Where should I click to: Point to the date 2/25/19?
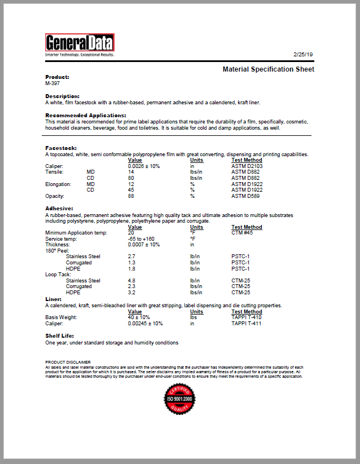pos(303,54)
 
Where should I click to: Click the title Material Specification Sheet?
pos(268,69)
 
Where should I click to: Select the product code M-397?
pos(52,83)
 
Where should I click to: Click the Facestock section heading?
pos(62,148)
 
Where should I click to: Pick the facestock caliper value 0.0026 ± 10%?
pos(144,166)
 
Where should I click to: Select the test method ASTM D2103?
pos(247,166)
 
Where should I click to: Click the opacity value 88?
pos(131,196)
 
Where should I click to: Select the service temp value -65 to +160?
pos(142,238)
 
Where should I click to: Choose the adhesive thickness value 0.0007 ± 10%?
pos(144,245)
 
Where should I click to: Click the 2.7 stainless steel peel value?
pos(131,257)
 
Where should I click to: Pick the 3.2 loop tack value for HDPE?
pos(131,293)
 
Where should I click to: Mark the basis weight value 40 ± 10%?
pos(139,317)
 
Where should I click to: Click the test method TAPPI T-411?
pos(247,324)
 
